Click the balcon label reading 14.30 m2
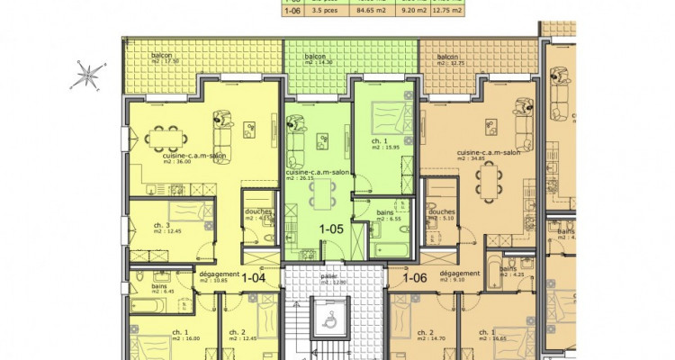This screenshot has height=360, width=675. tap(315, 58)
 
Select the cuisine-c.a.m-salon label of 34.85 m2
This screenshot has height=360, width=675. tap(489, 156)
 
